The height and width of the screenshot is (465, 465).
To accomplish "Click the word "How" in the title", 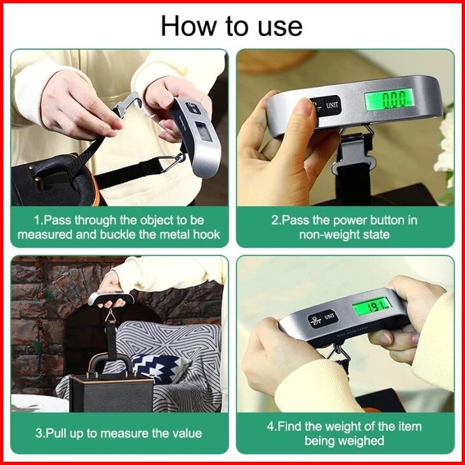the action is [x=189, y=26].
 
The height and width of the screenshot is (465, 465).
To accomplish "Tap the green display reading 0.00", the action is [x=389, y=99].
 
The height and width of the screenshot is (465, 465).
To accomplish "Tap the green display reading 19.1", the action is [x=372, y=307].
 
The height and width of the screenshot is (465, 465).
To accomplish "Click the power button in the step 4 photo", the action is [x=315, y=320].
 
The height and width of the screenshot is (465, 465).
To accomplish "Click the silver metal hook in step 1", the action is [x=128, y=103].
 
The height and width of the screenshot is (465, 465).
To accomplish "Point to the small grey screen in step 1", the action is [x=204, y=132].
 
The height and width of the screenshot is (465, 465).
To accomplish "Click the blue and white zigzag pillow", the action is [x=160, y=369].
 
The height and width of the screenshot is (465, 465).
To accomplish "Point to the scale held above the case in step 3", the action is [x=111, y=299].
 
